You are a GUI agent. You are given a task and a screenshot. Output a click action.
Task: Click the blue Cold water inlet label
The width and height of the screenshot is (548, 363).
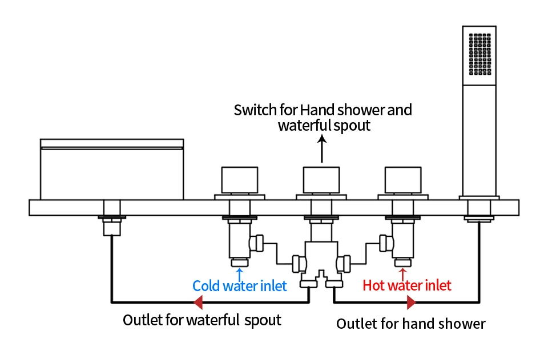239,286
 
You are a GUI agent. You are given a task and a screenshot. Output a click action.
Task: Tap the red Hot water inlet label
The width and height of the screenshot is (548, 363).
407,285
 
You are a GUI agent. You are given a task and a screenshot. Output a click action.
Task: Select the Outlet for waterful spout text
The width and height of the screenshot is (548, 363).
202,320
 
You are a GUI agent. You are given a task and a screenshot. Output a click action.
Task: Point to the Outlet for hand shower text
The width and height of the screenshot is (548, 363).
410,324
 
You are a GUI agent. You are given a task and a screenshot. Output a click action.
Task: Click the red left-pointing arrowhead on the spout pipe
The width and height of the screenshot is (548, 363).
198,302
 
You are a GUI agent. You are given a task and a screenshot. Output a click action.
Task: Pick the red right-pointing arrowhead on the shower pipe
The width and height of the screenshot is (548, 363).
412,302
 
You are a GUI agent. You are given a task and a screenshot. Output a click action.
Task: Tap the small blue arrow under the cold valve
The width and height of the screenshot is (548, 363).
239,274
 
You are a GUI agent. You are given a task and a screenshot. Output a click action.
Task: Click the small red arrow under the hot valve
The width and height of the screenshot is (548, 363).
402,274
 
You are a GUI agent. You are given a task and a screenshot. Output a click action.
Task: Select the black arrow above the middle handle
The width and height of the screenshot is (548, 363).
322,149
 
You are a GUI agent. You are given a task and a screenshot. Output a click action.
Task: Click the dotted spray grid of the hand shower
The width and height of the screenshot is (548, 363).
480,54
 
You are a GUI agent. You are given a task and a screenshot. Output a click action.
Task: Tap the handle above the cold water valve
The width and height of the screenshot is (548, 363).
240,180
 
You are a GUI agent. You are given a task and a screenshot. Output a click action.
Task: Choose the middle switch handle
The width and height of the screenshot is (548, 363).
321,180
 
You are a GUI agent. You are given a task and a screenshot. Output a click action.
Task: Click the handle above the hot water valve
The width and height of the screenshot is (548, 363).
403,180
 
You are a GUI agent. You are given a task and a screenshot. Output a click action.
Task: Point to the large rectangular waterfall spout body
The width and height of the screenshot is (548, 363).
112,170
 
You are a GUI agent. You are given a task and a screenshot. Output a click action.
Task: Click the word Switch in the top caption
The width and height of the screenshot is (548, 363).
255,110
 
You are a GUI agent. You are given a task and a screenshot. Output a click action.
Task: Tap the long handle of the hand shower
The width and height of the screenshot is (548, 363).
479,140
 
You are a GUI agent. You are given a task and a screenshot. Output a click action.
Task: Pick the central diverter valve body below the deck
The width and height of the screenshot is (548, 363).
321,258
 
